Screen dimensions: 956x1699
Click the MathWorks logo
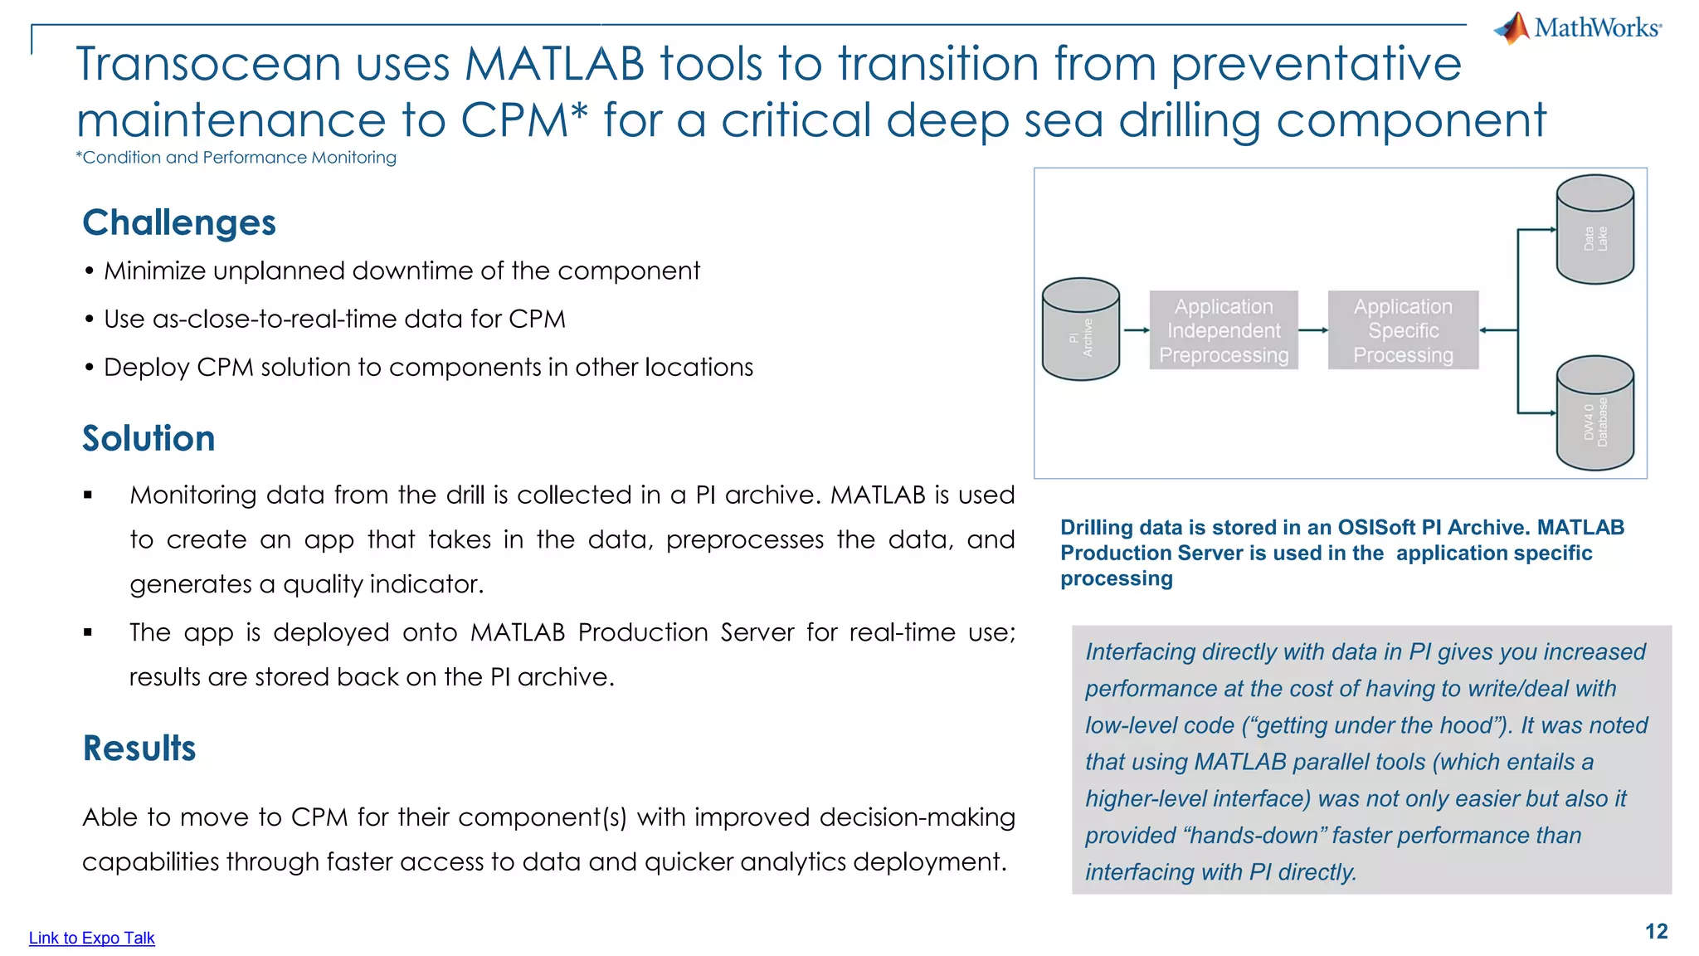coord(1578,28)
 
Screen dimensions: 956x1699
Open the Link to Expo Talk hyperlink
coord(91,938)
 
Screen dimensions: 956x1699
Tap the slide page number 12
coord(1656,931)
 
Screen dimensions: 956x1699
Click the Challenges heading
coord(179,222)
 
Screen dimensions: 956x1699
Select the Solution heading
coord(148,438)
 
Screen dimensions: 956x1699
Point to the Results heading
coord(139,748)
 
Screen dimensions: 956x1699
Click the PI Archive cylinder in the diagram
coord(1080,329)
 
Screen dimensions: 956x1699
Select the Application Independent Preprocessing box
coord(1224,330)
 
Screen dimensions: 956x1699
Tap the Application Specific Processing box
coord(1403,330)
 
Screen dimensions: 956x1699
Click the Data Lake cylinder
coord(1594,231)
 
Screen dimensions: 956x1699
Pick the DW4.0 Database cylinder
coord(1594,413)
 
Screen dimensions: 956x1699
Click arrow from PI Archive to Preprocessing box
coord(1135,330)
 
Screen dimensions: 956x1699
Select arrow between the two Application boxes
coord(1313,330)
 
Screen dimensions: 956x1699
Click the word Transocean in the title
coord(207,64)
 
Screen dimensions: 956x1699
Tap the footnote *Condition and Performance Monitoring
coord(236,158)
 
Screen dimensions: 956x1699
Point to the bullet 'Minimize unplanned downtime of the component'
coord(402,271)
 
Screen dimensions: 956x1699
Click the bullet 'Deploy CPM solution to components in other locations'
coord(428,368)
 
